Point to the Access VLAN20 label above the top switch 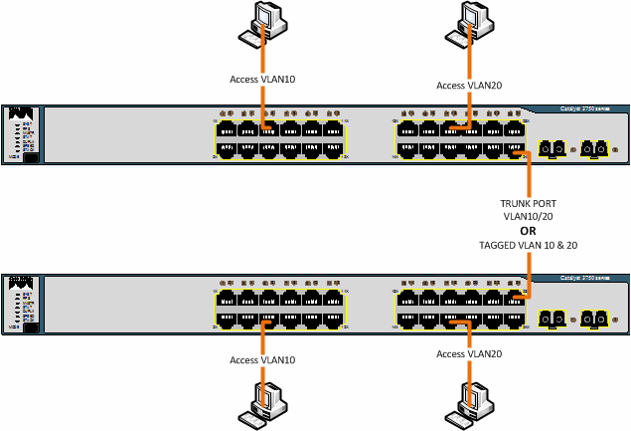click(469, 86)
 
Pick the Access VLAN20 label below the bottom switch click(469, 354)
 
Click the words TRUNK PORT click(529, 203)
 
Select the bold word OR click(529, 230)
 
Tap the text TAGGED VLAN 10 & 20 click(529, 244)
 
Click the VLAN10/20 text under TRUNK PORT click(529, 216)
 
